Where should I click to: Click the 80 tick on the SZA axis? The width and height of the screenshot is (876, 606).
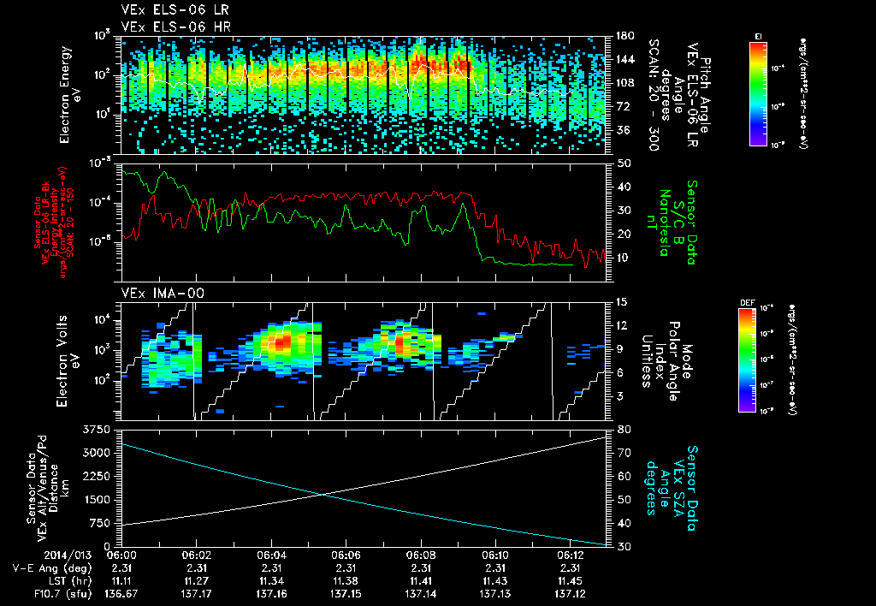tap(624, 429)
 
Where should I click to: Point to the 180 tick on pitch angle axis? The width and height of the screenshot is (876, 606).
tap(624, 36)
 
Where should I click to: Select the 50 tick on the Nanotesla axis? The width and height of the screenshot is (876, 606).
tap(624, 163)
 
